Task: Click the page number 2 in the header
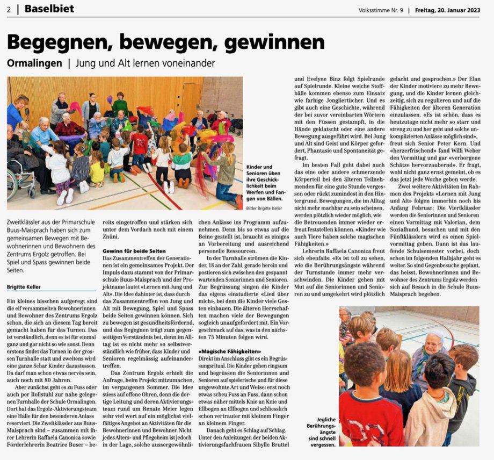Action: coord(10,9)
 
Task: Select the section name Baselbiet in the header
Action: coord(49,9)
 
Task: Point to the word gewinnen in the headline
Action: coord(271,41)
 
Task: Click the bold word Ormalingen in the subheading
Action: coord(34,63)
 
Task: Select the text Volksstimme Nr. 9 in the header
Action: coord(381,10)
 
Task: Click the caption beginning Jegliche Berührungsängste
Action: coord(321,433)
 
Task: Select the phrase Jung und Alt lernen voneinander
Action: coord(145,63)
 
